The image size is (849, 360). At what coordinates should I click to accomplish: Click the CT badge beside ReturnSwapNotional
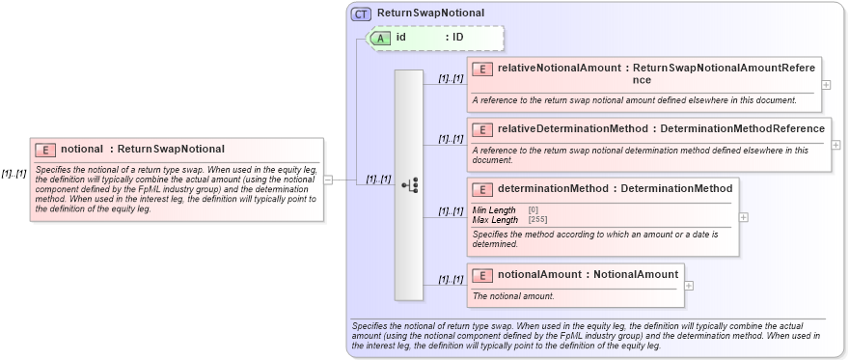point(362,14)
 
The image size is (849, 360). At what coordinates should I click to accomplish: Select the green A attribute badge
point(381,38)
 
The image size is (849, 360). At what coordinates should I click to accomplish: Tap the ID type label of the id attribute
point(458,38)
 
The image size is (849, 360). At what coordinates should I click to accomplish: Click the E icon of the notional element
point(44,150)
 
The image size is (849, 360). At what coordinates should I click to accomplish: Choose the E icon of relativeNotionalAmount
point(481,69)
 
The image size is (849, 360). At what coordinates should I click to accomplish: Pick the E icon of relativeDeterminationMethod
point(481,129)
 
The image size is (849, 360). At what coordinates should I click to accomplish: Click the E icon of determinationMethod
point(481,189)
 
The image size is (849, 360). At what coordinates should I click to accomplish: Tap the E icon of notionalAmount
point(481,275)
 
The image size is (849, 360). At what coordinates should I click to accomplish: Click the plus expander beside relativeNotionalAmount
point(826,84)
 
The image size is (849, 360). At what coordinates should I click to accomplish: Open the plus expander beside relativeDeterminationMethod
point(835,145)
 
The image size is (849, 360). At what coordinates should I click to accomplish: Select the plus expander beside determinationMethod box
point(744,216)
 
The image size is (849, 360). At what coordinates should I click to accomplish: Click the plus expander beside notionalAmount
point(688,285)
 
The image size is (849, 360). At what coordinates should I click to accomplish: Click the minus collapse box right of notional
point(329,179)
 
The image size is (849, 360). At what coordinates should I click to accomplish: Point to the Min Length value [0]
point(534,210)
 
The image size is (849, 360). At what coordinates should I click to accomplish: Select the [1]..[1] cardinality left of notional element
point(14,174)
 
